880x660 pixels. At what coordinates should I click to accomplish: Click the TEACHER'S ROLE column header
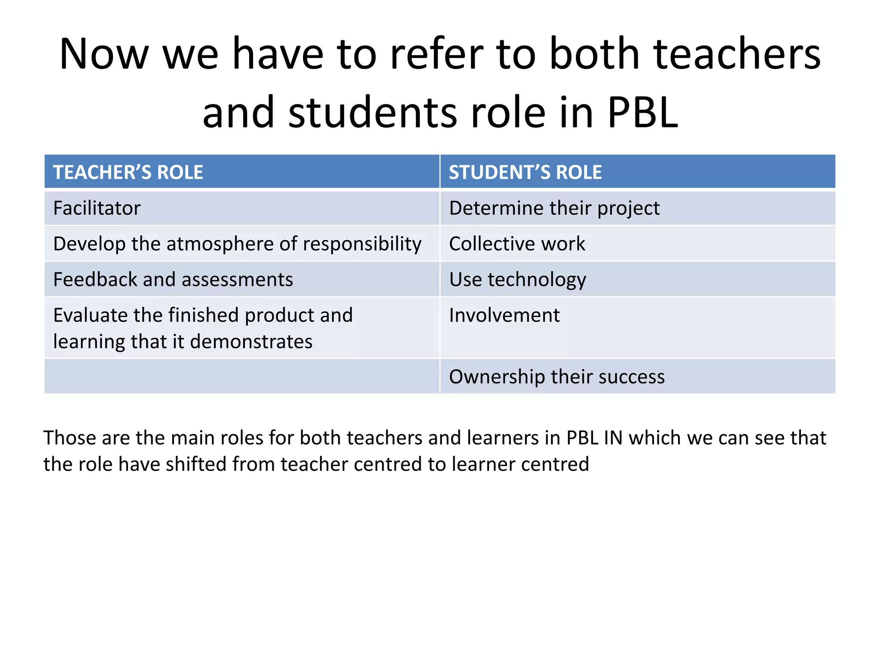click(128, 172)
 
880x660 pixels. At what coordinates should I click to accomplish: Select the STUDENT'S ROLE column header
click(525, 172)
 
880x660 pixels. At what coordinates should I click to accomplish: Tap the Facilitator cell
click(97, 208)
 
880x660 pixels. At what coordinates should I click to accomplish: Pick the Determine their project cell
click(554, 208)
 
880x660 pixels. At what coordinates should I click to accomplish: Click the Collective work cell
click(517, 244)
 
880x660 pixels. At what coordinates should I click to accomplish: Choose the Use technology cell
click(517, 280)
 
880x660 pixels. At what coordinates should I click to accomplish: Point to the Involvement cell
click(504, 315)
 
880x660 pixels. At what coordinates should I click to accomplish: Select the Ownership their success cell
click(556, 377)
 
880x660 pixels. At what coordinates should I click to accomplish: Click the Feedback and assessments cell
click(173, 280)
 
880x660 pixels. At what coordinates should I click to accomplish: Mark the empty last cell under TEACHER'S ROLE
click(242, 377)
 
